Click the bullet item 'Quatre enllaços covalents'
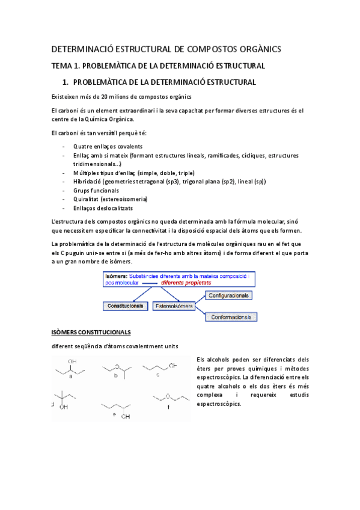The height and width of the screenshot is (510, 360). (108, 146)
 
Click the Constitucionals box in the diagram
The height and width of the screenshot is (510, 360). (125, 306)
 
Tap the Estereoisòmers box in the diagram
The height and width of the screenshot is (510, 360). (174, 306)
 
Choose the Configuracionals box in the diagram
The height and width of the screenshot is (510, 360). (228, 295)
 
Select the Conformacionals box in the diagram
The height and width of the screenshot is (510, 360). (231, 316)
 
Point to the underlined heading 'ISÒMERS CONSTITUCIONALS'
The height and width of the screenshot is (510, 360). (91, 332)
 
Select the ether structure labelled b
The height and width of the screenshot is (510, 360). (115, 369)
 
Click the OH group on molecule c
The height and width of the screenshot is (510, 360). (172, 365)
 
